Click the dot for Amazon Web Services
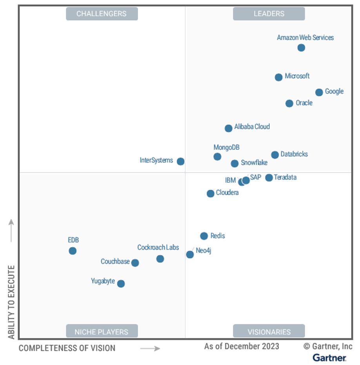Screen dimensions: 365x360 [x=301, y=48]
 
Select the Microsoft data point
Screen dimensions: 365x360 [x=278, y=77]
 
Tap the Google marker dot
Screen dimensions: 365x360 [x=319, y=93]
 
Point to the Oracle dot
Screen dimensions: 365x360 [x=289, y=104]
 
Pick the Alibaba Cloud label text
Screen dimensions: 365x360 [x=252, y=127]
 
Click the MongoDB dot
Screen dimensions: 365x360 [x=217, y=157]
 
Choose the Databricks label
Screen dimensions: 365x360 [x=294, y=154]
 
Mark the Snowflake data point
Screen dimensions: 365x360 [x=235, y=163]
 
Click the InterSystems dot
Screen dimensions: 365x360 [x=180, y=162]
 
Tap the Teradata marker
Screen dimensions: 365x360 [x=269, y=178]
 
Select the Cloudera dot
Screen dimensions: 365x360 [x=211, y=194]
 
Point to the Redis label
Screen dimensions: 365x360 [x=218, y=236]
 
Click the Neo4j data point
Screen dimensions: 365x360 [x=190, y=255]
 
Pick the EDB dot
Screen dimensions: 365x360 [x=73, y=251]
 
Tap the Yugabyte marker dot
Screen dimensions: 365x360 [x=121, y=284]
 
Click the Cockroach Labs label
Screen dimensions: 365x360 [x=158, y=247]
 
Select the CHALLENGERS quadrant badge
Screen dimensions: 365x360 [x=102, y=14]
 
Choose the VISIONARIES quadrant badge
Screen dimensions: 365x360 [x=269, y=332]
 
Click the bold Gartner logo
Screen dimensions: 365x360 [x=329, y=358]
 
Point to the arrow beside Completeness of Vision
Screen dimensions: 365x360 [x=150, y=348]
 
